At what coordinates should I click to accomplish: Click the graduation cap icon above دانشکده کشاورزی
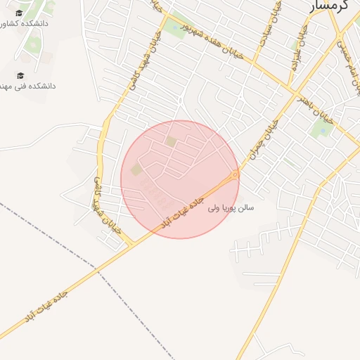click(x=19, y=13)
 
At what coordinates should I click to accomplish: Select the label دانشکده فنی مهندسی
click(x=28, y=86)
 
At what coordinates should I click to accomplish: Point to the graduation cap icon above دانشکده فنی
click(x=20, y=75)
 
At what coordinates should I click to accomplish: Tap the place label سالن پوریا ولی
click(x=231, y=208)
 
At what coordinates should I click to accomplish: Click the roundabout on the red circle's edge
click(x=236, y=174)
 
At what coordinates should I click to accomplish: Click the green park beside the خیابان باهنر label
click(x=323, y=127)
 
